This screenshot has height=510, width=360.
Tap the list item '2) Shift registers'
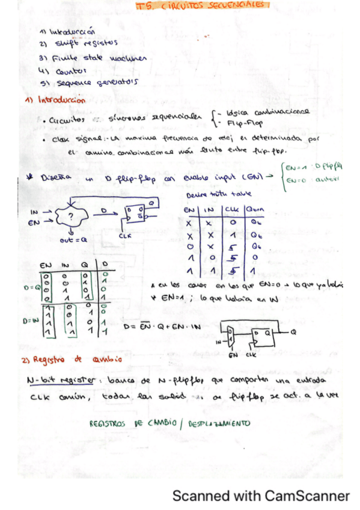78,44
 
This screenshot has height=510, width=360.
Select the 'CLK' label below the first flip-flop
126,236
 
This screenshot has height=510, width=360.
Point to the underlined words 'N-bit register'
61,382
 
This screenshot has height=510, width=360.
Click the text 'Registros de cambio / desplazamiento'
168,423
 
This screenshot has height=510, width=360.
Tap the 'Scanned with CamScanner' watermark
261,496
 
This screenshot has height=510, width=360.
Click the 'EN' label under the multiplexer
233,355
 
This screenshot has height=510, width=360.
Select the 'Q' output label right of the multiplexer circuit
293,331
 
